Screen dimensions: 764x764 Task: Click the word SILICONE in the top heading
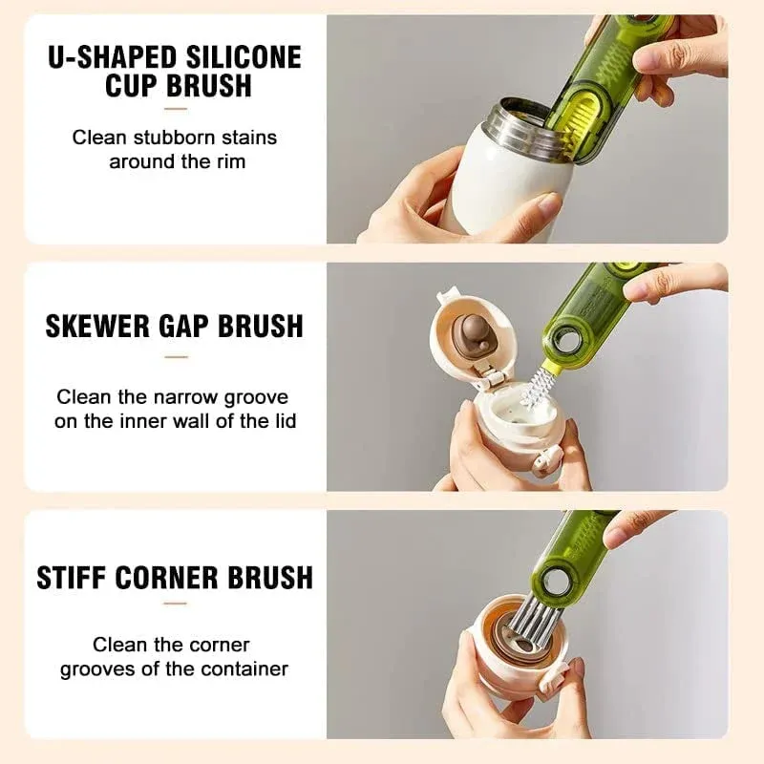[241, 56]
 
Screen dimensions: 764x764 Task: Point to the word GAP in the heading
[186, 326]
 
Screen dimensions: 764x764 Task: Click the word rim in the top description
[229, 161]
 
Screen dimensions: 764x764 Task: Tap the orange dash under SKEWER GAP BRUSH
[176, 357]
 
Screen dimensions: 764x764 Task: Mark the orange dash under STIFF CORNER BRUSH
[176, 604]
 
